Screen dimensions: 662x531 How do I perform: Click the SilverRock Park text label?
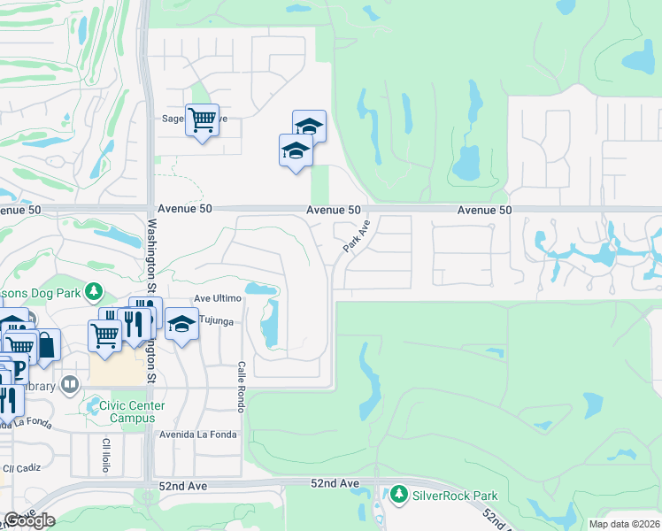pyautogui.click(x=455, y=496)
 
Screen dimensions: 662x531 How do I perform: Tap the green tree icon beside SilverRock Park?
pyautogui.click(x=400, y=494)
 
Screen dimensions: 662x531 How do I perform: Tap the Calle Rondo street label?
pyautogui.click(x=240, y=386)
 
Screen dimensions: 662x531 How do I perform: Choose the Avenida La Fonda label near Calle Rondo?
pyautogui.click(x=198, y=435)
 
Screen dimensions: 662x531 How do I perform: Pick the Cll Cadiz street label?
pyautogui.click(x=21, y=468)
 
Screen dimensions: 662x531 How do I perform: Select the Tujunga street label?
pyautogui.click(x=216, y=322)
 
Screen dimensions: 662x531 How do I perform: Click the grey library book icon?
pyautogui.click(x=70, y=386)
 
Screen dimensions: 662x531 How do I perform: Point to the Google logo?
pyautogui.click(x=29, y=521)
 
